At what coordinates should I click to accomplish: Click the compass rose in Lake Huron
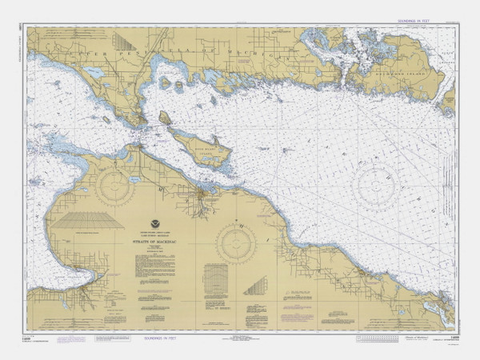pos(376,187)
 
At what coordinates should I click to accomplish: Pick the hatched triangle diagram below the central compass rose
pos(255,286)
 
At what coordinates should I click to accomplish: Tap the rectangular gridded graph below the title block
pos(215,282)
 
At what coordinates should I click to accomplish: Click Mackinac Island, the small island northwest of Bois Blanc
pos(165,118)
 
